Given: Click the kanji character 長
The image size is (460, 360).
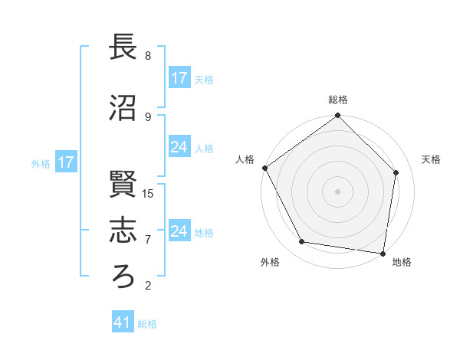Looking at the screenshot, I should click(123, 48).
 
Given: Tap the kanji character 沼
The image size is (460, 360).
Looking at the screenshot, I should click(123, 107).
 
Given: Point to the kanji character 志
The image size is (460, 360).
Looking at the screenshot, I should click(123, 230).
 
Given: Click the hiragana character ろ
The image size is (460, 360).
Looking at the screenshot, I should click(123, 276).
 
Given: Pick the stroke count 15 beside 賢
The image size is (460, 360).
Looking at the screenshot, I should click(148, 193).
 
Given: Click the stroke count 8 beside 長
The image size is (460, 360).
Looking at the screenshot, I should click(148, 56).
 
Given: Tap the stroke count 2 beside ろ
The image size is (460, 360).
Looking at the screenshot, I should click(148, 286).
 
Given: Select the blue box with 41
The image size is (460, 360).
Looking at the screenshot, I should click(123, 322).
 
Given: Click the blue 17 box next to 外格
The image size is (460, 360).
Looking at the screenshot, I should click(65, 162).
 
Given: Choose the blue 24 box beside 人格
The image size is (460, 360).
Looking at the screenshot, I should click(179, 147).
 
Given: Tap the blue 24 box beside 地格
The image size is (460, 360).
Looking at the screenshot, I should click(179, 231).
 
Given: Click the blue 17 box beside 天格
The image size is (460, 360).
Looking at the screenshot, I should click(179, 78).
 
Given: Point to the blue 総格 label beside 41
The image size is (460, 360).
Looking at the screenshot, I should click(147, 324).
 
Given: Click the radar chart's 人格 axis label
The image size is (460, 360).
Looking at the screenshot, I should click(245, 159).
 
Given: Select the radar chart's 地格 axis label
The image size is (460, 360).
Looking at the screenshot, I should click(402, 262).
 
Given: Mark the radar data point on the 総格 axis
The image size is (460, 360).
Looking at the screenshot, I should click(337, 116).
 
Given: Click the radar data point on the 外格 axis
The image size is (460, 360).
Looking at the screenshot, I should click(302, 242).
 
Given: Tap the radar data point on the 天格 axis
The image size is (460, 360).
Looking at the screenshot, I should click(396, 172).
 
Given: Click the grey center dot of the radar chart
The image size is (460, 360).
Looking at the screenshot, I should click(337, 191).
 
